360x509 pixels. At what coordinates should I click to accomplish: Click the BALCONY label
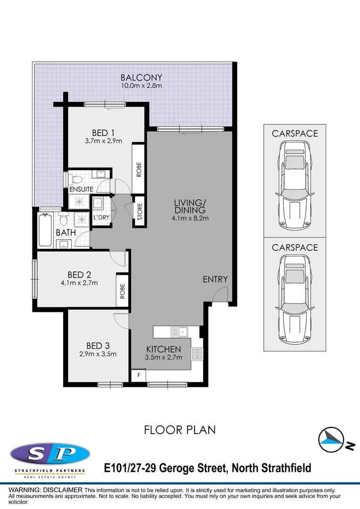pos(141,78)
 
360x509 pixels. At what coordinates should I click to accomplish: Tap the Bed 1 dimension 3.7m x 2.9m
pos(104,141)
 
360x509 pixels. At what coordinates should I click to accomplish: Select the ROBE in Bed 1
pos(139,169)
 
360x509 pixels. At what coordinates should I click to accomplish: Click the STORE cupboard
pos(139,212)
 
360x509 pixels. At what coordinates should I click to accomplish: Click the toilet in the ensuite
pos(73,179)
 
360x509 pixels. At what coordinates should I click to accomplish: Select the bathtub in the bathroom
pos(45,230)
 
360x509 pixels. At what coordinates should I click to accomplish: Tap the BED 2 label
pos(79,275)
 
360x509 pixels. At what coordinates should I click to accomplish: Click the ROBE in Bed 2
pos(123,291)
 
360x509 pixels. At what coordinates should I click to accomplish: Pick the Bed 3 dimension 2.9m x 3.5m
pos(98,354)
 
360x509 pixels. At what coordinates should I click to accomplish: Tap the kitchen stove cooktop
pos(197,354)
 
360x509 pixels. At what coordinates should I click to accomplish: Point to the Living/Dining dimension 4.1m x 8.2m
pos(190,218)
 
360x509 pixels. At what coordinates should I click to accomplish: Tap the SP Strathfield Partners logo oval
pos(50,454)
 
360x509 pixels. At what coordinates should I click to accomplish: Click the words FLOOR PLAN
pos(180,429)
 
